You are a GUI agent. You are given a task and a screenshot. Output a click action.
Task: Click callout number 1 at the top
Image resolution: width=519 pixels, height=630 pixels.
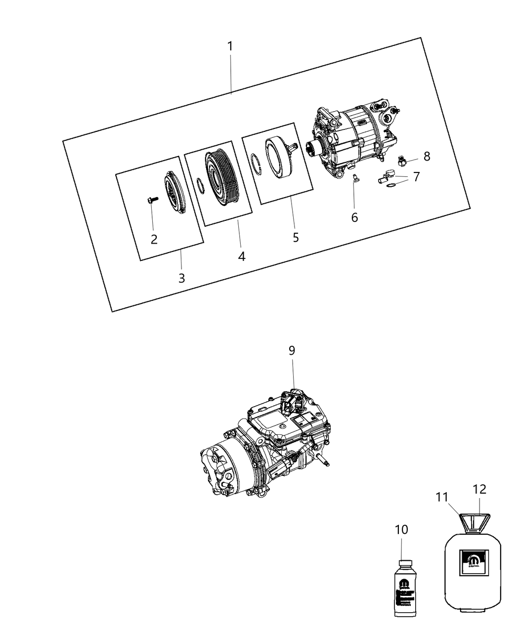[230, 46]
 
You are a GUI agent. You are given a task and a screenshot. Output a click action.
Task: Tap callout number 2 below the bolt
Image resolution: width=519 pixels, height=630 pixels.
[154, 240]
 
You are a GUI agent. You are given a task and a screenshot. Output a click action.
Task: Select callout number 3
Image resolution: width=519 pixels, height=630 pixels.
[182, 278]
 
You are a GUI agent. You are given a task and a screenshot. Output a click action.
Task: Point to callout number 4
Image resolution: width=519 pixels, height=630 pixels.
[241, 256]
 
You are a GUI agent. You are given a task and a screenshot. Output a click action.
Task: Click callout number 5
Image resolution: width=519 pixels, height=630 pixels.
[296, 238]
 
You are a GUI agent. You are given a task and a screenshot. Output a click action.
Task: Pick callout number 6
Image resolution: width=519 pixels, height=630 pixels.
[354, 217]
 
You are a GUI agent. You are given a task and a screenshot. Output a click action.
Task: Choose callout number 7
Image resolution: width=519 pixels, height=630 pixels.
[416, 176]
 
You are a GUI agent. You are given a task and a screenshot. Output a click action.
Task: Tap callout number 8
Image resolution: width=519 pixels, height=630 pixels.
[427, 157]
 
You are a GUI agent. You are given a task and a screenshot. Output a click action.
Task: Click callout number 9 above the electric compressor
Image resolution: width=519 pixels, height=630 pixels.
[292, 350]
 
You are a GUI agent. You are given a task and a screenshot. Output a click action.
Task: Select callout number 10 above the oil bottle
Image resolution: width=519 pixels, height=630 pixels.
[401, 530]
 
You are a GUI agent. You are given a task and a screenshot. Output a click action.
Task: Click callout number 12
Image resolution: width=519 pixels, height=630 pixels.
[479, 489]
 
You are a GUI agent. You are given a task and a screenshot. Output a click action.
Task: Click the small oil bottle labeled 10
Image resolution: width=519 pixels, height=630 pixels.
[405, 588]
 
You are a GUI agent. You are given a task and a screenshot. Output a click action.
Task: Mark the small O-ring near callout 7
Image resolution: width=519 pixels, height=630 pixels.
[390, 186]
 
